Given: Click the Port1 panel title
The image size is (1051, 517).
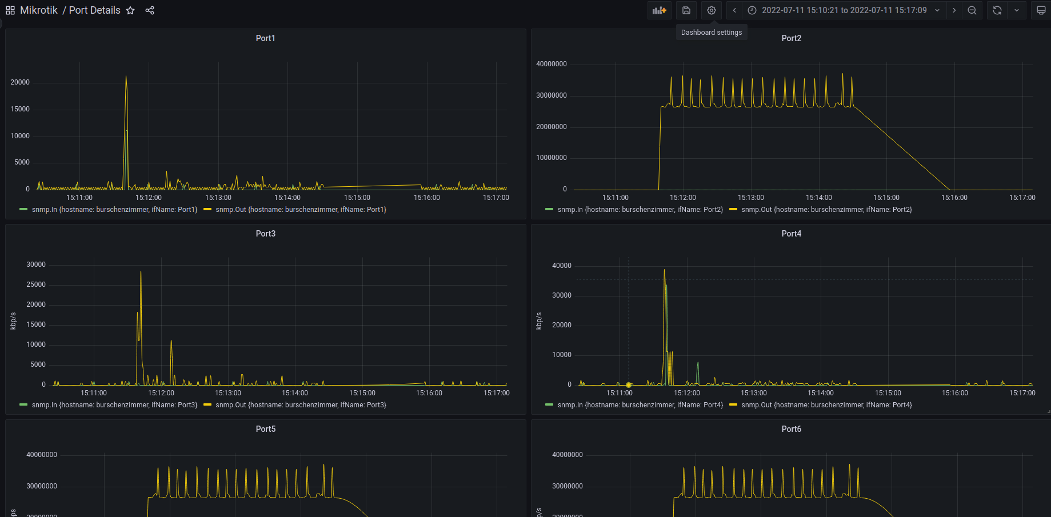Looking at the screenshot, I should coord(265,38).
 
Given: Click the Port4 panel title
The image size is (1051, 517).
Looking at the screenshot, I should coord(791,234).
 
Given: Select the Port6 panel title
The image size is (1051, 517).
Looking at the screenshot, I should coord(791,429).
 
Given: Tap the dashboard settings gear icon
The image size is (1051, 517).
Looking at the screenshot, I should coord(711,10).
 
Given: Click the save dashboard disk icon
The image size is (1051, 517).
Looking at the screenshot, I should coord(686,10).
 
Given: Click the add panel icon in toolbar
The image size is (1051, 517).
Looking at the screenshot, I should coord(660,10).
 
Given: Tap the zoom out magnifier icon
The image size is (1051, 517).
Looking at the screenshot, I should coord(972,10).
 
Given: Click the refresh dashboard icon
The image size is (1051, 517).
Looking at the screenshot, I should coord(997,10).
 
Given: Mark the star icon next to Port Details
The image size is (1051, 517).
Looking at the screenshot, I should coord(130,10).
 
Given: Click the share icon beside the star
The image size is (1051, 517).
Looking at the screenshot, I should coord(150,10).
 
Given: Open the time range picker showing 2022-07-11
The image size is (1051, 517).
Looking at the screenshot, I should coord(844,10).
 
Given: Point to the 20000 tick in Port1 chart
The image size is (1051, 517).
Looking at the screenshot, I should coord(20,82).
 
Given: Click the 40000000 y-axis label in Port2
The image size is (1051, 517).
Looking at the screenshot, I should coord(551,64).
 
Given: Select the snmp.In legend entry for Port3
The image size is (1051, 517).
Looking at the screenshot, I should coord(109,405).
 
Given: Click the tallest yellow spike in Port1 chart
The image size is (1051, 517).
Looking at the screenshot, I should coord(126,77).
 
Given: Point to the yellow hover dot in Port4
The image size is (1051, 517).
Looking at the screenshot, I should coord(629,384).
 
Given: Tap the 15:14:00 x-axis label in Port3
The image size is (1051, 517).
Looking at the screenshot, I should coord(295,393).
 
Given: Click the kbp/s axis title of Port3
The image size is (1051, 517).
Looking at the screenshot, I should coord(13,321).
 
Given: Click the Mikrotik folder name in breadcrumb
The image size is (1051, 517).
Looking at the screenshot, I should coord(39,10).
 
